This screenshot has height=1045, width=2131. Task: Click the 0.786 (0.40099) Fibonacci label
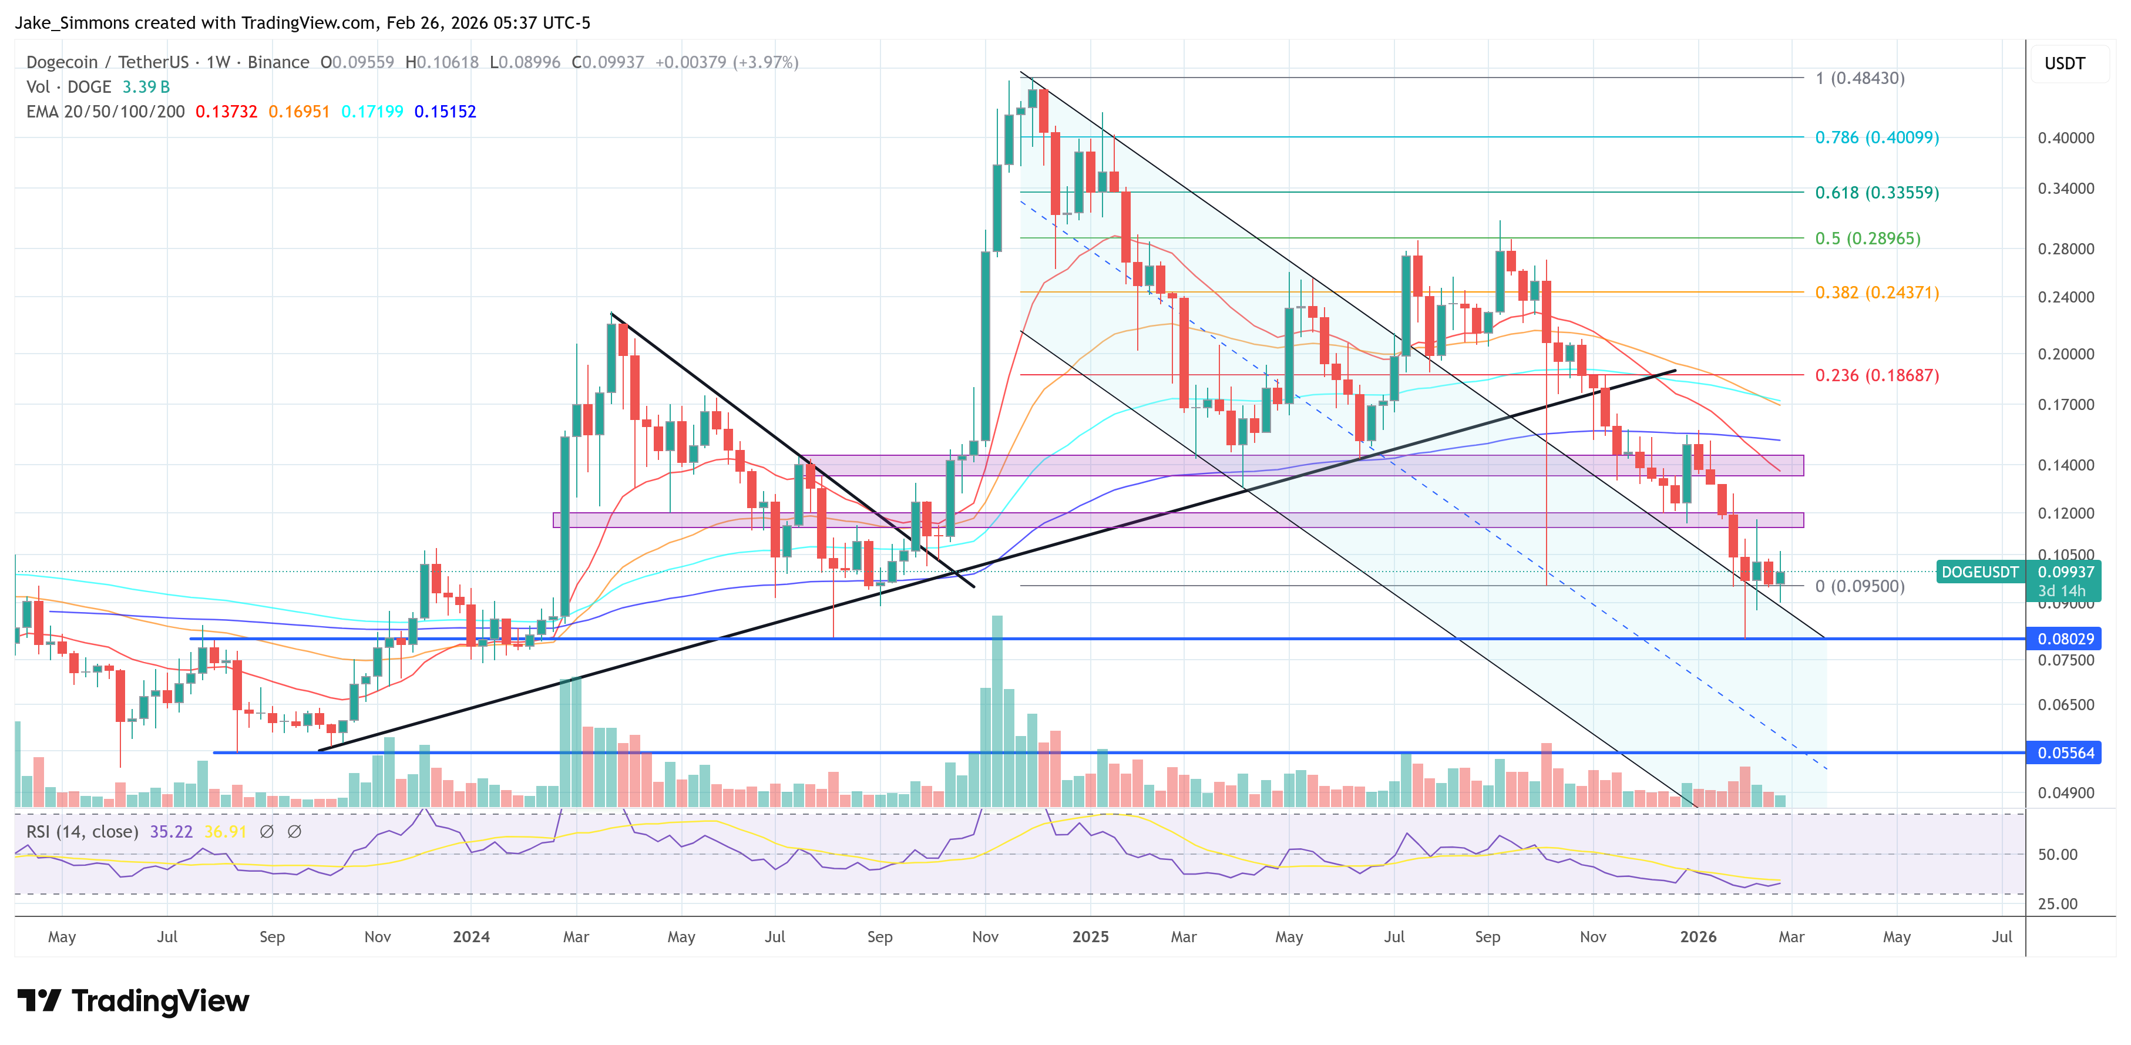click(x=1876, y=137)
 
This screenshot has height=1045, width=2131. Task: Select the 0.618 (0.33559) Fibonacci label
click(x=1876, y=193)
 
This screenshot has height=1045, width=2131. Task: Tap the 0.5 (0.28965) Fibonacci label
click(x=1867, y=238)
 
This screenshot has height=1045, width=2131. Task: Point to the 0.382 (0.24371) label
click(x=1876, y=293)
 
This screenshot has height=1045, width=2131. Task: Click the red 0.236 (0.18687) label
click(x=1876, y=375)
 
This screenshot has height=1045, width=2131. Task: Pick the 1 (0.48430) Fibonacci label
click(x=1860, y=79)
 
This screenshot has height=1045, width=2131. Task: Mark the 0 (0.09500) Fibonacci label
click(x=1860, y=587)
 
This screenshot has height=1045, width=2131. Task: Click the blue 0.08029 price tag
click(x=2065, y=639)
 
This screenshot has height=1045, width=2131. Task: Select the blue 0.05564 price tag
click(x=2065, y=753)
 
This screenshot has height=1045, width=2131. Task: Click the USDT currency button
click(x=2064, y=63)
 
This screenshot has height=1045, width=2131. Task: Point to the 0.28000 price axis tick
click(x=2065, y=249)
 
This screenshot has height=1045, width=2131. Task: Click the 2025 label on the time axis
click(x=1090, y=936)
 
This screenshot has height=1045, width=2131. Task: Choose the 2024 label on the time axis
click(x=470, y=936)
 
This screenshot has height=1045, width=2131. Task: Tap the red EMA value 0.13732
click(x=226, y=112)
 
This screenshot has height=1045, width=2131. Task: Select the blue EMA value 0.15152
click(x=445, y=112)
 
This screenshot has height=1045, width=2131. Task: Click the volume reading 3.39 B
click(x=146, y=87)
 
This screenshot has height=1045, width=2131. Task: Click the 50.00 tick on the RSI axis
click(x=2056, y=855)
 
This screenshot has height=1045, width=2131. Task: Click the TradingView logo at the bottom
click(x=132, y=1001)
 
